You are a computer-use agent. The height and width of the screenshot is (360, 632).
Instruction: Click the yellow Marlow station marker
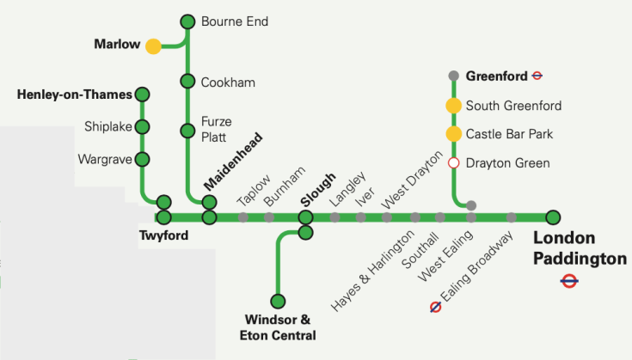[153, 46]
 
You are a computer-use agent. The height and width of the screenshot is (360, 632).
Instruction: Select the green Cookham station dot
[187, 81]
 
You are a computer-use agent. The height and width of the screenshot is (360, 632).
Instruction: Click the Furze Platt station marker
[187, 131]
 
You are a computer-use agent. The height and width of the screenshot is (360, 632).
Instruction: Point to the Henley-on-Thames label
[74, 94]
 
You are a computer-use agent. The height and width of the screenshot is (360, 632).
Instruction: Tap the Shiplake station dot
[143, 126]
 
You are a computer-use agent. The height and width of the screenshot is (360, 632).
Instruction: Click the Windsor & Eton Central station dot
[278, 301]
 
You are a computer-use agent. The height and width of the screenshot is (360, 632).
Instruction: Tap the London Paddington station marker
[553, 217]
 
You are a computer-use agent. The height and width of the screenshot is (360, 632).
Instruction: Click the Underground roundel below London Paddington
[568, 280]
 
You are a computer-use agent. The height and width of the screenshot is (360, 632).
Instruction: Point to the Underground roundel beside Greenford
[537, 76]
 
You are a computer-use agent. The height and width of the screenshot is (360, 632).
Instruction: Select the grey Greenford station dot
[453, 76]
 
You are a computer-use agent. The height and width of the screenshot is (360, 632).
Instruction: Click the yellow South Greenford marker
[453, 106]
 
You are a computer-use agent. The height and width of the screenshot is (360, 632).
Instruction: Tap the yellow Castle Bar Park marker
[453, 134]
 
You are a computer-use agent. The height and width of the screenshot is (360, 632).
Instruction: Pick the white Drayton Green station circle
[453, 162]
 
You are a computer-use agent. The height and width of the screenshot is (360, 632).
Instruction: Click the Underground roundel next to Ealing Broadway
[436, 307]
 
